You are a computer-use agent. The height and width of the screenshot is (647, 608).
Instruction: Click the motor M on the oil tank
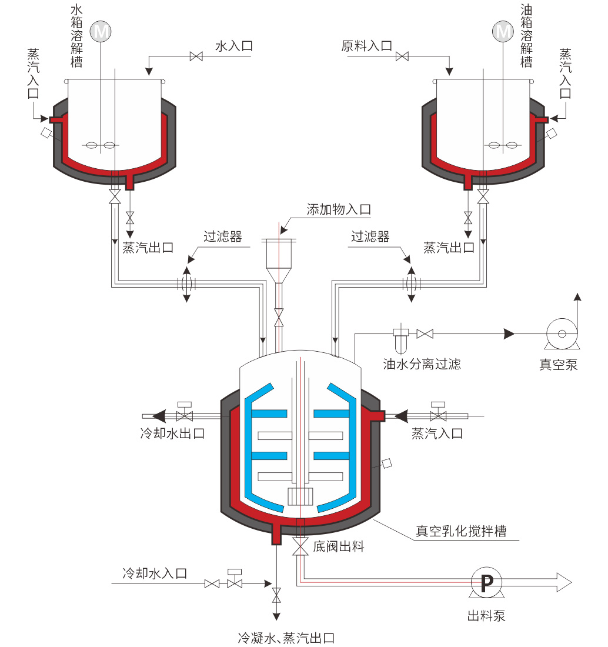point(503,31)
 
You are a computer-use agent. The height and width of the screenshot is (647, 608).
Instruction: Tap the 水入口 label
point(234,46)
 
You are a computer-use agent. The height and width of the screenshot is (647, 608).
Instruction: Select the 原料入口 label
point(366,46)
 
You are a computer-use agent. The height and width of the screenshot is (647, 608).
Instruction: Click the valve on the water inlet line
point(196,56)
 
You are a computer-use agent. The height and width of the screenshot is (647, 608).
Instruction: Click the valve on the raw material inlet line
point(403,56)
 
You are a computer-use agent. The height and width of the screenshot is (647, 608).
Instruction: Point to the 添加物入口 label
point(339,210)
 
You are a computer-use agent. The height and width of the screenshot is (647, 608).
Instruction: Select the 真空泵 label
point(559,365)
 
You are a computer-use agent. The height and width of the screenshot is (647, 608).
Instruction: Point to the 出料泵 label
point(486,616)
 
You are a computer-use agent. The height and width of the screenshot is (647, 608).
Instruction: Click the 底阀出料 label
point(339,546)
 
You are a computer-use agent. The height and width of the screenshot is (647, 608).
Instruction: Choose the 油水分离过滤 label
point(422,364)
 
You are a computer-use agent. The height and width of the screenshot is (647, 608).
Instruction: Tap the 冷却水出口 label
point(172,433)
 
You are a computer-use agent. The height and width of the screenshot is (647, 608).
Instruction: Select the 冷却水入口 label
point(155,572)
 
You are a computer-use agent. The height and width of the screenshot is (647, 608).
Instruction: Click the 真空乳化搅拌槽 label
point(461,531)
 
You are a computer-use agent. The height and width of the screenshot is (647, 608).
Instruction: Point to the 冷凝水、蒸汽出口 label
point(286,638)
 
